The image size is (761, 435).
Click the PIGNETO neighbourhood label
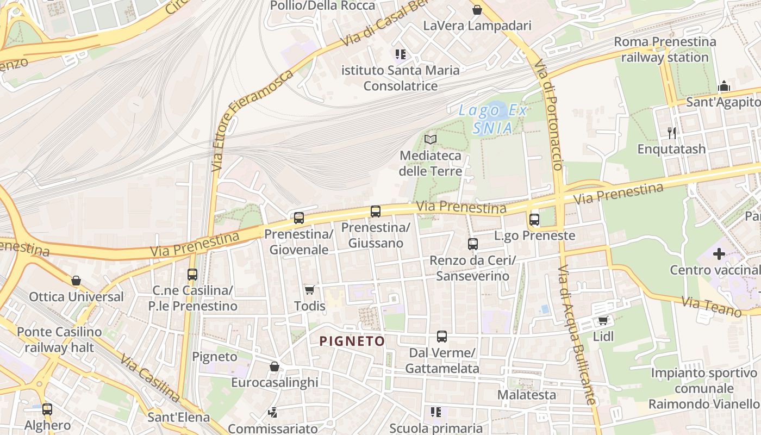click(x=352, y=341)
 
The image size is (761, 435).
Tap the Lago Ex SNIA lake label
click(x=492, y=119)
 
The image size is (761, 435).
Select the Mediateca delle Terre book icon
click(x=431, y=139)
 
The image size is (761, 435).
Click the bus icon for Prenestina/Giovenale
click(x=299, y=218)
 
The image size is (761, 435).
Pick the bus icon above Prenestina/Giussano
click(x=376, y=212)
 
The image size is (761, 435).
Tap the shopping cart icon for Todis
click(x=310, y=290)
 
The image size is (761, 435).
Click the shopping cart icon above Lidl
click(x=603, y=321)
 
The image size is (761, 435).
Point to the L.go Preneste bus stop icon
click(x=534, y=220)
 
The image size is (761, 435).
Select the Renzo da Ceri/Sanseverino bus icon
click(x=473, y=244)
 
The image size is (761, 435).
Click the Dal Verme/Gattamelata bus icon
click(x=442, y=337)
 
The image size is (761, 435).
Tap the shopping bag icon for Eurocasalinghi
click(x=275, y=366)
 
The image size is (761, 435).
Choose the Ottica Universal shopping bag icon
click(x=76, y=281)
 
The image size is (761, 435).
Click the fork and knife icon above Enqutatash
click(x=672, y=133)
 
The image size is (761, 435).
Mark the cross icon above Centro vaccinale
click(x=719, y=253)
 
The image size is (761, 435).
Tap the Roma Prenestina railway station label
click(x=665, y=49)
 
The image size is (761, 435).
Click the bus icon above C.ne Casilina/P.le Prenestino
click(x=192, y=275)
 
